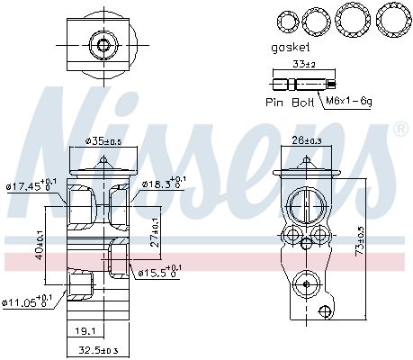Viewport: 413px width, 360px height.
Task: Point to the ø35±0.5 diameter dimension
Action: [103, 140]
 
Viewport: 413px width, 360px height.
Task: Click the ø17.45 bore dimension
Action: [31, 186]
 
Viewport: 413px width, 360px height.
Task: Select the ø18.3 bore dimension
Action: [161, 184]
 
